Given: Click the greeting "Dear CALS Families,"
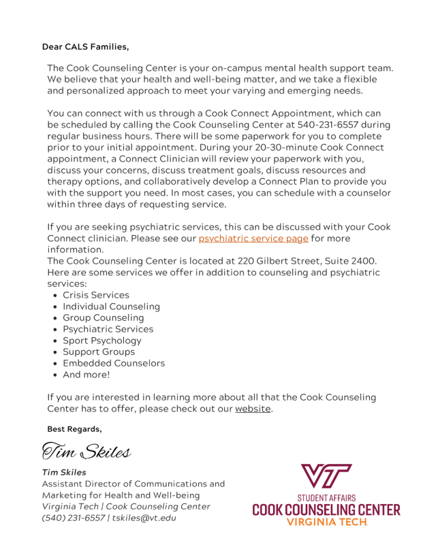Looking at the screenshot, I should click(85, 47).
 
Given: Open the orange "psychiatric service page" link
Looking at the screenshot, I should click(253, 238).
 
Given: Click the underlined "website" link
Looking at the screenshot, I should click(253, 409).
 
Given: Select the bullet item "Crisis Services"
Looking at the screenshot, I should click(95, 295).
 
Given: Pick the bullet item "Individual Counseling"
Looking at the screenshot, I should click(111, 307).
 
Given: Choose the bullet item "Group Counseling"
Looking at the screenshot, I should click(103, 318).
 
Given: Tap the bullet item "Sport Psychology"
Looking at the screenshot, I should click(102, 341).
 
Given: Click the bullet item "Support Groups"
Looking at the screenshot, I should click(99, 352).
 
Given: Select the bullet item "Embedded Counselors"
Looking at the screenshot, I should click(114, 363).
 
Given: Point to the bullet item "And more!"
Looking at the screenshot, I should click(86, 375).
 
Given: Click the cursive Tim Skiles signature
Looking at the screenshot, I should click(87, 450).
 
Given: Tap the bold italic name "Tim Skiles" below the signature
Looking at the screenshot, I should click(64, 472).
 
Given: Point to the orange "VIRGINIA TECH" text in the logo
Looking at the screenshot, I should click(326, 522).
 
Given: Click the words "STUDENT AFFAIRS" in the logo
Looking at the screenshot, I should click(326, 498).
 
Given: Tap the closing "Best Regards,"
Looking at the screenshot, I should click(74, 429).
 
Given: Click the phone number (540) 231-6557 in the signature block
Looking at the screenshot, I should click(74, 518).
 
